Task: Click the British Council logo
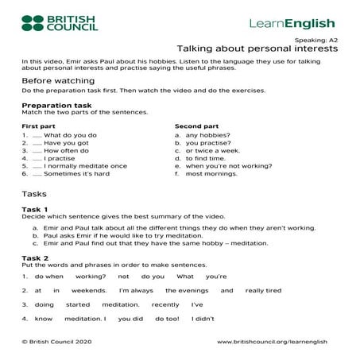click(x=59, y=22)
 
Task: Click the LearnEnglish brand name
click(x=292, y=23)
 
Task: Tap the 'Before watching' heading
click(x=55, y=80)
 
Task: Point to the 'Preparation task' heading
click(x=56, y=105)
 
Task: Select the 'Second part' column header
click(x=196, y=126)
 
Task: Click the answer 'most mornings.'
click(x=209, y=173)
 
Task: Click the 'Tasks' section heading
click(x=34, y=194)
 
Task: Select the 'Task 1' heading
click(x=35, y=209)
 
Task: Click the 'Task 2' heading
click(x=35, y=257)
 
